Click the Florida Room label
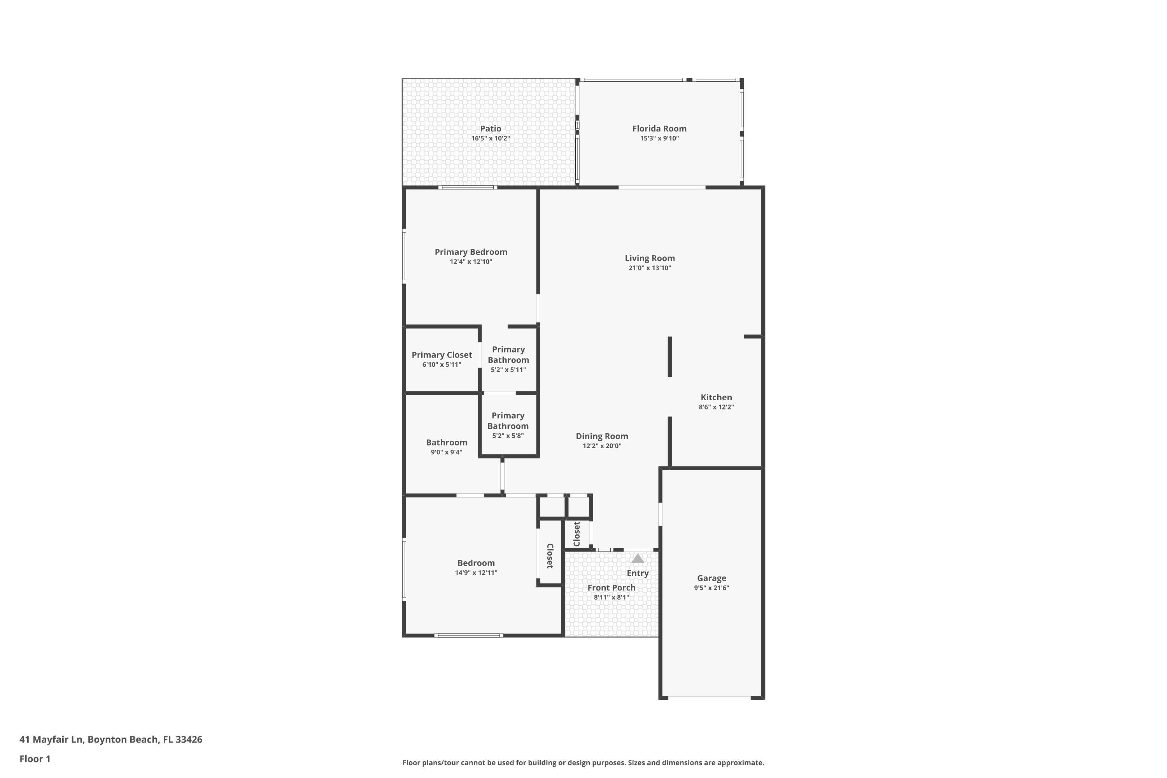[x=659, y=128]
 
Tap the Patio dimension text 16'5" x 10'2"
[x=490, y=138]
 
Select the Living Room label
[x=650, y=258]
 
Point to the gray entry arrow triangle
[x=638, y=559]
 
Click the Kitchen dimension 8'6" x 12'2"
[x=716, y=407]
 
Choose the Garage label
[x=711, y=578]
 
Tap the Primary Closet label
[x=442, y=355]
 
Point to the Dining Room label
[x=601, y=436]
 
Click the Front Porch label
[x=611, y=587]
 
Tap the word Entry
[x=638, y=573]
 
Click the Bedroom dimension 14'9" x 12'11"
[x=476, y=573]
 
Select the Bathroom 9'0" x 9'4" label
[x=446, y=443]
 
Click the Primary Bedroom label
[x=470, y=252]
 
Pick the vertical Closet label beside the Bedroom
[x=550, y=556]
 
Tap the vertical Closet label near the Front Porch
[x=576, y=534]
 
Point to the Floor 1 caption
[x=35, y=759]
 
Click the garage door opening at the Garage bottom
[x=709, y=698]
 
